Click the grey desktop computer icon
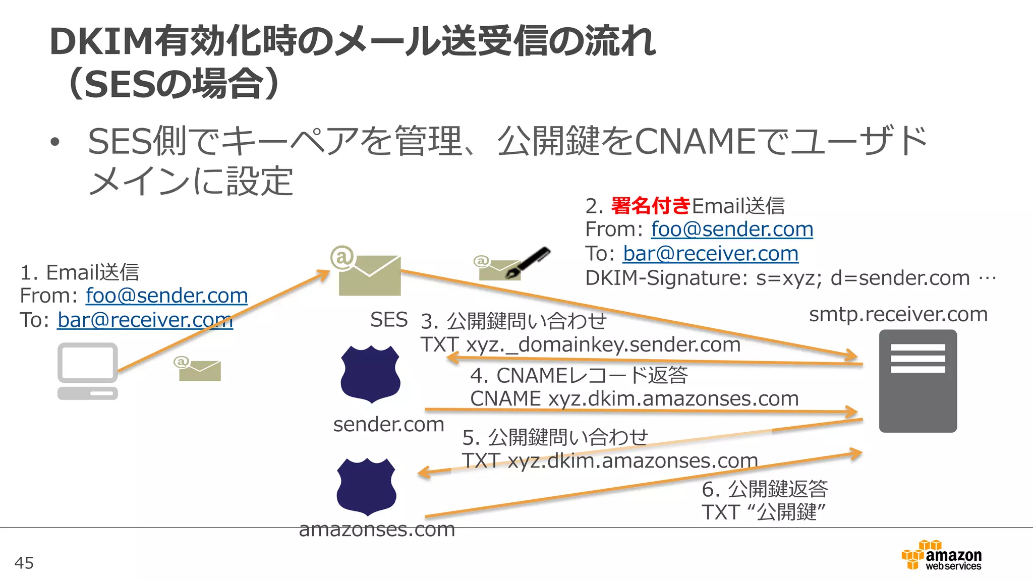[x=88, y=371]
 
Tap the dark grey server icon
[x=917, y=381]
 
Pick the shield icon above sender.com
[x=370, y=374]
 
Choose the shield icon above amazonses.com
[x=366, y=486]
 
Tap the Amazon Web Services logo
[x=941, y=556]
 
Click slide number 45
[x=24, y=563]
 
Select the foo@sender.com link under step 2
[x=732, y=229]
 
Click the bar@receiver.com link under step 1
[x=145, y=320]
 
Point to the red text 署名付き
[x=650, y=206]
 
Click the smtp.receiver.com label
[x=898, y=314]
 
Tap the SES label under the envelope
[x=388, y=320]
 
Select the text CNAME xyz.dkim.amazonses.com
[x=634, y=399]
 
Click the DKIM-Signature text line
[x=790, y=278]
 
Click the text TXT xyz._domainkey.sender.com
[x=580, y=345]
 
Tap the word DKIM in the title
[x=101, y=41]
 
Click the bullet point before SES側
[x=55, y=142]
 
